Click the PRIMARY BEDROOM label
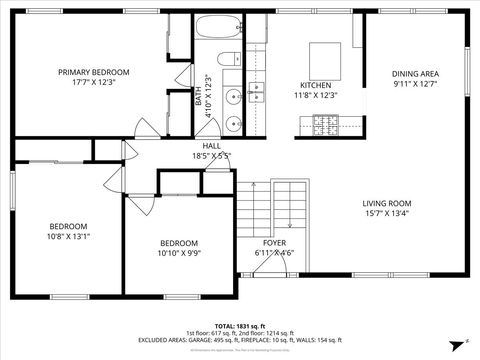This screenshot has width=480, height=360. click(x=93, y=72)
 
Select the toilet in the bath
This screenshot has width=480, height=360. click(x=227, y=57)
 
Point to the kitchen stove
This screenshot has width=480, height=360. click(x=325, y=125)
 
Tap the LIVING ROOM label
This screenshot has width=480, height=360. click(x=387, y=203)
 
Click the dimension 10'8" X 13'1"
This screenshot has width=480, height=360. click(x=69, y=237)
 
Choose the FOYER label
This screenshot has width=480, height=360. click(x=274, y=243)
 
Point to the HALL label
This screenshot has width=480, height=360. click(x=211, y=146)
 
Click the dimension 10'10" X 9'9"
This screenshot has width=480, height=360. click(x=179, y=253)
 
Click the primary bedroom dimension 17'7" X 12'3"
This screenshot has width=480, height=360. click(x=93, y=82)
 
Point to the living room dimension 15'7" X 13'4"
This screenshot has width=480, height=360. click(x=387, y=213)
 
